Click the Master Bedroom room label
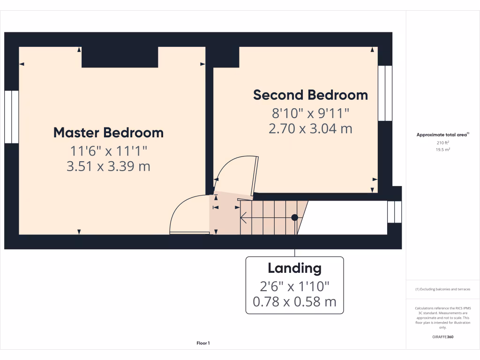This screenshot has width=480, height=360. click(108, 133)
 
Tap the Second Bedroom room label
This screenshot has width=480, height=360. click(310, 95)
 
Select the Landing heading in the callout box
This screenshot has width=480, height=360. click(294, 269)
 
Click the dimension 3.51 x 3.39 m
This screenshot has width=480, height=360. click(108, 166)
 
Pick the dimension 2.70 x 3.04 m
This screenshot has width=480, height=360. click(310, 128)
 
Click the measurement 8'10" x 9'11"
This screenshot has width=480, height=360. click(310, 113)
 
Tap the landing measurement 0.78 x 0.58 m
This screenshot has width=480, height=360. click(294, 301)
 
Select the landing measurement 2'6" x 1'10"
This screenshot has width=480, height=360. click(294, 285)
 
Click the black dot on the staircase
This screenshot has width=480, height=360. click(294, 217)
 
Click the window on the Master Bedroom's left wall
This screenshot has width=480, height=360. click(11, 117)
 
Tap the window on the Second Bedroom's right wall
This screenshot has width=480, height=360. click(385, 93)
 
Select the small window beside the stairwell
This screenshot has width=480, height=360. click(394, 211)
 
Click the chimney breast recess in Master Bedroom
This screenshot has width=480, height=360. click(120, 57)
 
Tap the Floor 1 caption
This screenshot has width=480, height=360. click(203, 344)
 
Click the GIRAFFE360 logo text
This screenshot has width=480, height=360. click(442, 337)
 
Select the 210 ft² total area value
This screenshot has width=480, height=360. click(442, 143)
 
